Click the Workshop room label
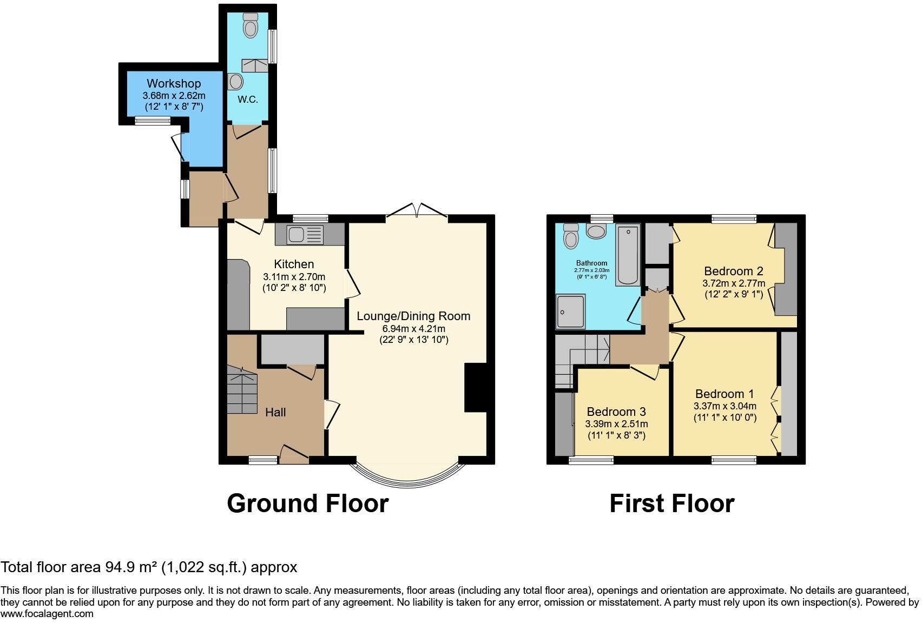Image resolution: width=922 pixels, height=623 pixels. [174, 84]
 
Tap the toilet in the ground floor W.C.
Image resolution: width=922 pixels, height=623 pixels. [251, 27]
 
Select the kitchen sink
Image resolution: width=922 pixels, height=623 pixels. [296, 235]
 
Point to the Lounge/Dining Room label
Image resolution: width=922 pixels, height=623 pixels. [413, 316]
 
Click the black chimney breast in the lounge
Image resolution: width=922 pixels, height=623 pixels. [476, 388]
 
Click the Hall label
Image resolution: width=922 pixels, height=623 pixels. [275, 413]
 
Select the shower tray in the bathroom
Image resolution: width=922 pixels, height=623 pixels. [570, 311]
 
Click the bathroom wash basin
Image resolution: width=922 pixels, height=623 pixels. [596, 232]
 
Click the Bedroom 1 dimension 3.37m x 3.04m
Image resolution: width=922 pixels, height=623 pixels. [725, 406]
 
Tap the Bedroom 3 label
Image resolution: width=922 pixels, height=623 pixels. [616, 412]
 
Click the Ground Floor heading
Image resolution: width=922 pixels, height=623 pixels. [307, 503]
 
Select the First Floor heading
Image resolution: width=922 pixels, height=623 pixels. [671, 503]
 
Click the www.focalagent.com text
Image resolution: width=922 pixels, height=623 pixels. [47, 614]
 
